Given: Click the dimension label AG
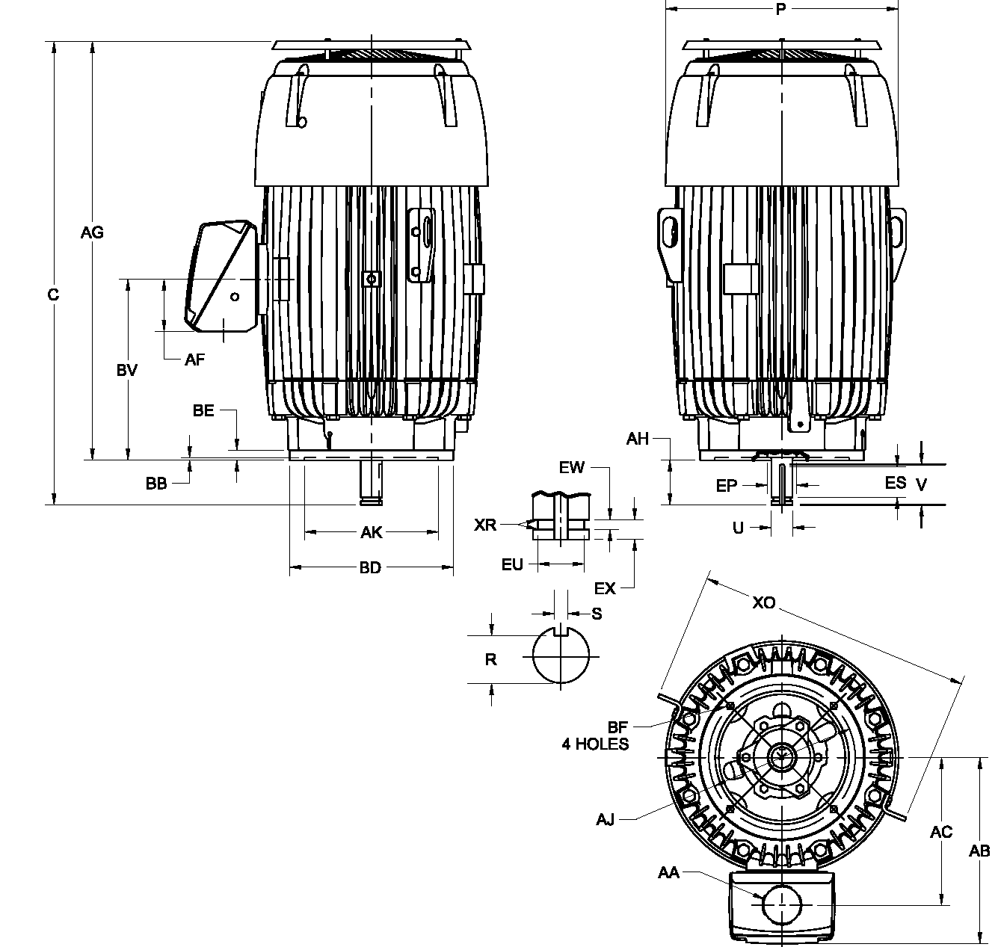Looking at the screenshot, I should pyautogui.click(x=92, y=232).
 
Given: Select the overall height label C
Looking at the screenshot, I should pyautogui.click(x=53, y=295).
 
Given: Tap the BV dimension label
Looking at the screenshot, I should pyautogui.click(x=127, y=370).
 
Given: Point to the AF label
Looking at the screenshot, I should pyautogui.click(x=194, y=360).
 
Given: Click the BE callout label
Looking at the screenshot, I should pyautogui.click(x=203, y=410).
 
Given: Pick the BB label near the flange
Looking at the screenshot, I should pyautogui.click(x=156, y=484).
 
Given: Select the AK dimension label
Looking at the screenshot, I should pyautogui.click(x=372, y=532).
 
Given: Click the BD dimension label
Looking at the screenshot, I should pyautogui.click(x=370, y=568).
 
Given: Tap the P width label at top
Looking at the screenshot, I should pyautogui.click(x=780, y=10).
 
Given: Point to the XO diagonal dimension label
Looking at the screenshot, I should pyautogui.click(x=764, y=602).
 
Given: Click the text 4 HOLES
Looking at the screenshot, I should pyautogui.click(x=595, y=744).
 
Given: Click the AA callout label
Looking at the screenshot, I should pyautogui.click(x=668, y=872).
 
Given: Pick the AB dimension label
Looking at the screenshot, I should pyautogui.click(x=979, y=851).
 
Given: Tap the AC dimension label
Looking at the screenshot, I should pyautogui.click(x=940, y=832).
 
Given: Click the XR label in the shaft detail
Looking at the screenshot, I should pyautogui.click(x=485, y=525).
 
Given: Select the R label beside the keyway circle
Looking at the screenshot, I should pyautogui.click(x=490, y=659).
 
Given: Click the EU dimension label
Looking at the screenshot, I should pyautogui.click(x=512, y=564).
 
